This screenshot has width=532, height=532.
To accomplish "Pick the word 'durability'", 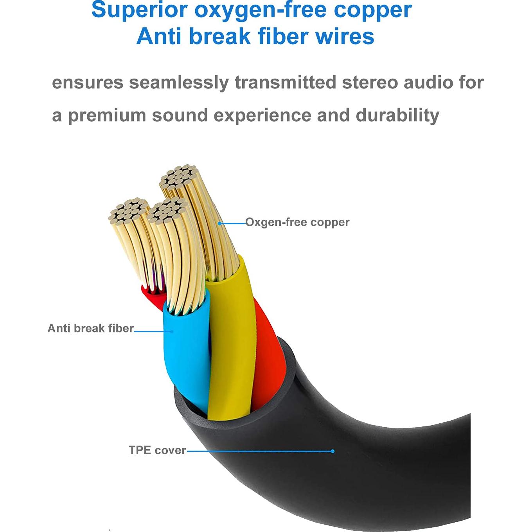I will pos(397,115).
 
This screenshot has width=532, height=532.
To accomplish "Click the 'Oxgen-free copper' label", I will pos(297,222).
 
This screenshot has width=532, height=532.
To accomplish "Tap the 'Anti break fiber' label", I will pos(90,328).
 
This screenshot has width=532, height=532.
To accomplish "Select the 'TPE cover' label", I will pos(157,450).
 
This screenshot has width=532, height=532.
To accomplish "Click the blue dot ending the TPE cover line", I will pos(332,451).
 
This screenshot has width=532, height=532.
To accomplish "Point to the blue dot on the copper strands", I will pos(220,223).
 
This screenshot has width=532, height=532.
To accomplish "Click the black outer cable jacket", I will pos(372,469).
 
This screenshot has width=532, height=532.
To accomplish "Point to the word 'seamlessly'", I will pos(179,83).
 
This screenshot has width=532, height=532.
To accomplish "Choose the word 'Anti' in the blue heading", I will pos(160,36).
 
